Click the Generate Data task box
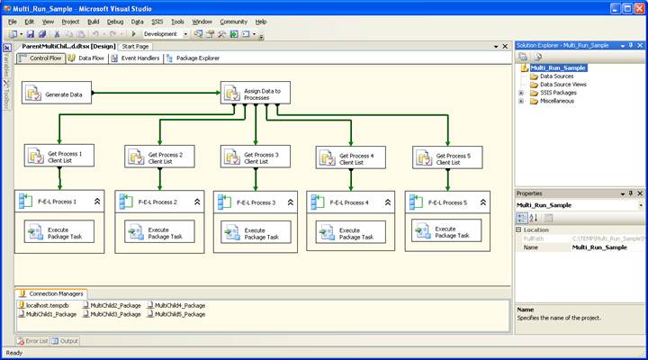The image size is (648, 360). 56,94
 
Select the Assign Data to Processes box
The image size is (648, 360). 257,93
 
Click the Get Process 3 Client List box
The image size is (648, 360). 256,157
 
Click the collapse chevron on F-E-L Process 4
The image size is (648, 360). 387,202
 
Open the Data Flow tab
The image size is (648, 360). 86,58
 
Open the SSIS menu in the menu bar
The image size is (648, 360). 157,21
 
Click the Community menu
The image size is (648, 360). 233,21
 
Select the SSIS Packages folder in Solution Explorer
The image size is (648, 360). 557,93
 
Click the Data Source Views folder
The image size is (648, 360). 562,85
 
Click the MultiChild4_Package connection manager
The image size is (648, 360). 179,305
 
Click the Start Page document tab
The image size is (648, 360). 136,46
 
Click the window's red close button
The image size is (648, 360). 638,6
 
